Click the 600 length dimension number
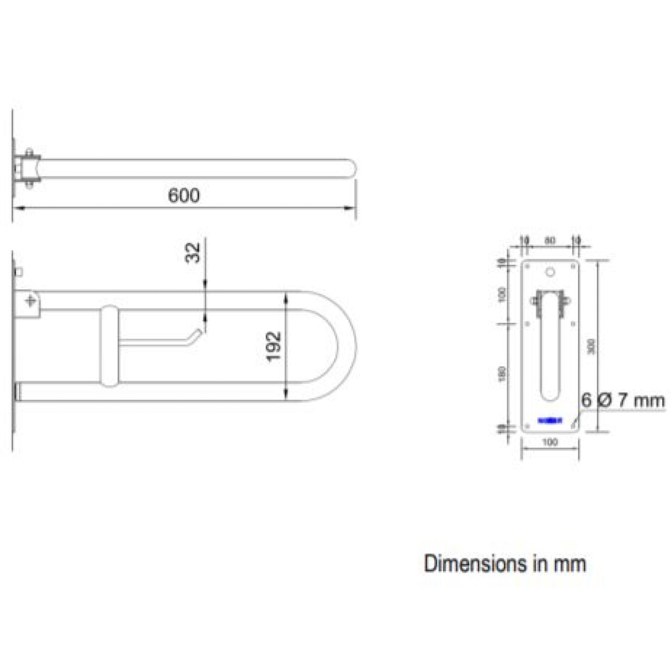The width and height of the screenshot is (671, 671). click(184, 195)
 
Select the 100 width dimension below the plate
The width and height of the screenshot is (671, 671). click(550, 442)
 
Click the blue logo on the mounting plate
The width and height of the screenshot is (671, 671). click(550, 421)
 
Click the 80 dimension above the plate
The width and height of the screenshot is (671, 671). click(550, 240)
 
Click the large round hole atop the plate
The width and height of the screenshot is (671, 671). click(550, 272)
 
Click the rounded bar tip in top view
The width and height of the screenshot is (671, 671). click(352, 169)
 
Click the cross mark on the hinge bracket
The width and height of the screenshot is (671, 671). click(31, 301)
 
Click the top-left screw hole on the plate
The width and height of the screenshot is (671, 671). click(527, 267)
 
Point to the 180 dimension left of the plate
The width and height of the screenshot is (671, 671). click(502, 374)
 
